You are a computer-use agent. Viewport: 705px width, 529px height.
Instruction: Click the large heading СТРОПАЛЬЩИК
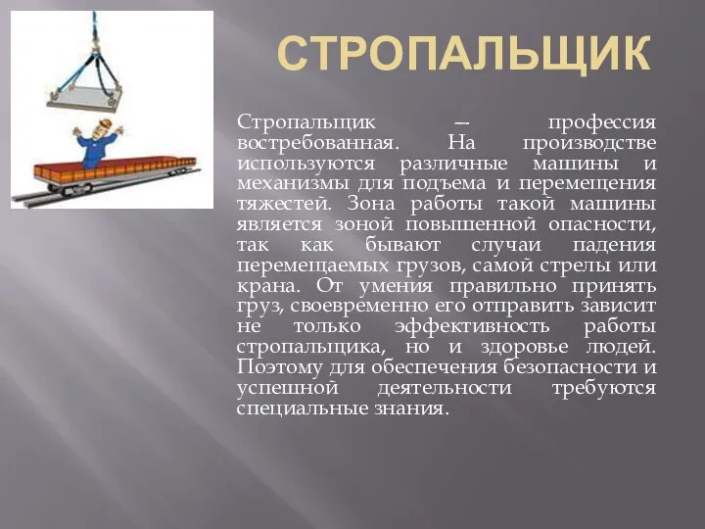coord(464,53)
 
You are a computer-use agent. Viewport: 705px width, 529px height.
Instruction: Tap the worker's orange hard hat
coord(105,123)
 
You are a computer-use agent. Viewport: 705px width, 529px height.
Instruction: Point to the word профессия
coord(601,122)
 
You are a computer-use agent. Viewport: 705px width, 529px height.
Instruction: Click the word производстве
coord(589,144)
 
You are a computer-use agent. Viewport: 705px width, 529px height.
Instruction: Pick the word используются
coord(305,164)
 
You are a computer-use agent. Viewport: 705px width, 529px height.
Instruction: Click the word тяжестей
coord(284,205)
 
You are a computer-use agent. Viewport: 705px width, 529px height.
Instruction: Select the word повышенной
coord(471,224)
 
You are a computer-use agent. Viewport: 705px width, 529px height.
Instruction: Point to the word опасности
coord(601,224)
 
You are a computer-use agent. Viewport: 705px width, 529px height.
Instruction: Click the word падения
coord(614,246)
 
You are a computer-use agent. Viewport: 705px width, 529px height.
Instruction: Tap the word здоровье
coord(524,348)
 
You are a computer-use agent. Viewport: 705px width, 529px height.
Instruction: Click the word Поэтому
coord(280,367)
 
